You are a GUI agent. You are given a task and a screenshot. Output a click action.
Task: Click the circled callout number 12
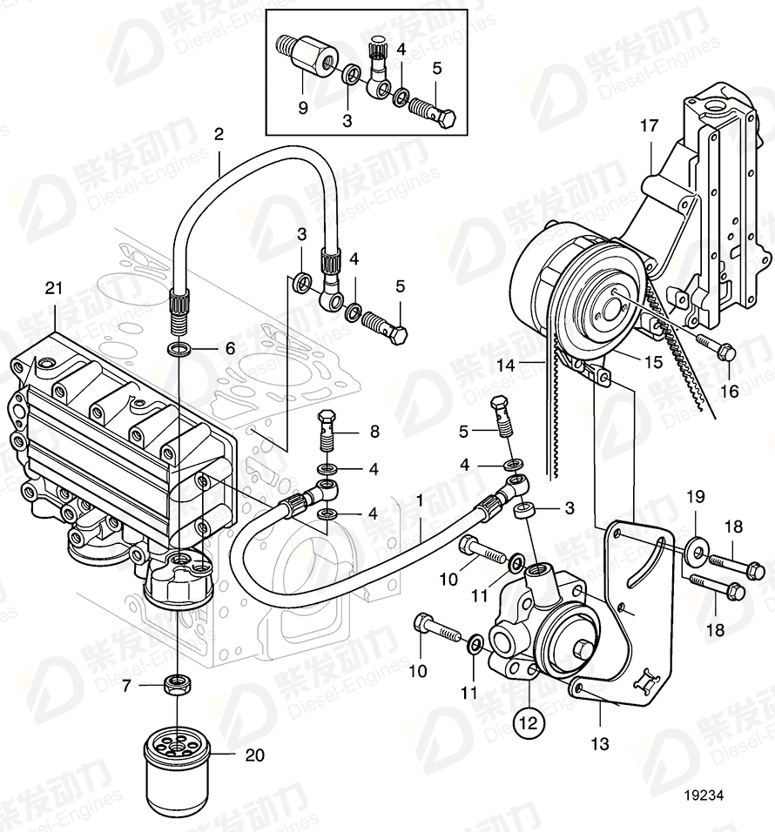(530, 721)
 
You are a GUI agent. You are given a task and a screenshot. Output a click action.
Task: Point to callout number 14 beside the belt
(507, 366)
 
